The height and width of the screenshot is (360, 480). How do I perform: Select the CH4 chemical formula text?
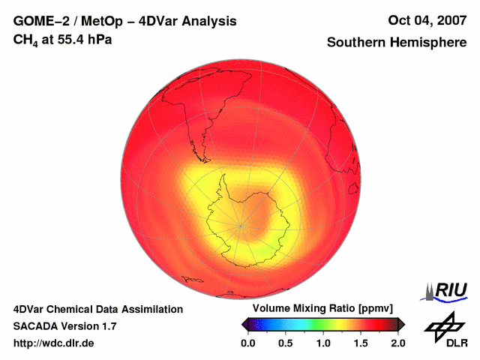click(x=26, y=39)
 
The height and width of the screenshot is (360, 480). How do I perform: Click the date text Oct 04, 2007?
click(x=427, y=21)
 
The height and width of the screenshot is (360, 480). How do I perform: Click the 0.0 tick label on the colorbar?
click(x=247, y=343)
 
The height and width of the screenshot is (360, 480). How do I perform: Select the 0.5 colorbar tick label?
click(x=285, y=343)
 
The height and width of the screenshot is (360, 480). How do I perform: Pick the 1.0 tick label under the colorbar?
click(x=323, y=343)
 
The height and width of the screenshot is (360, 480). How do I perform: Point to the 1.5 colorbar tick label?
click(x=361, y=343)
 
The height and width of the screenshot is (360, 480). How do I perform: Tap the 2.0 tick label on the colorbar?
click(x=397, y=343)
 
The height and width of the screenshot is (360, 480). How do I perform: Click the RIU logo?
click(x=445, y=290)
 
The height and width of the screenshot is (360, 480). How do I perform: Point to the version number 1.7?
click(x=109, y=326)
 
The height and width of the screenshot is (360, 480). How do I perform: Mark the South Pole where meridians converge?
click(x=241, y=224)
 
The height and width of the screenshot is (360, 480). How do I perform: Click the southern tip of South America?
click(x=202, y=160)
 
